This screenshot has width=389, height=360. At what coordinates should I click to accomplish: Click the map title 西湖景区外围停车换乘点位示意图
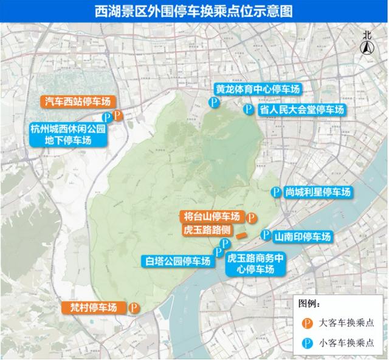coord(194,10)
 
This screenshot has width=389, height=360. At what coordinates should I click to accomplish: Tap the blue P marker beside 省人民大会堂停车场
coord(248,110)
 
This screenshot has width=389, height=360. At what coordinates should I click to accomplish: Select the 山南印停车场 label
coord(302,236)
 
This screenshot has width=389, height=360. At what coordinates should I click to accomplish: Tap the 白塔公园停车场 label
coord(177,262)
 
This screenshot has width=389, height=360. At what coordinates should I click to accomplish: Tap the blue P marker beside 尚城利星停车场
coord(277,192)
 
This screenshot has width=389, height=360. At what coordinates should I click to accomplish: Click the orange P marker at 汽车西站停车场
coord(119,114)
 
